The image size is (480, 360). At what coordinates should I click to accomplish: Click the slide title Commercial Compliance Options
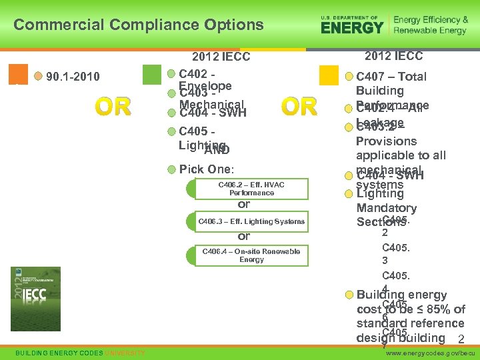click(x=139, y=25)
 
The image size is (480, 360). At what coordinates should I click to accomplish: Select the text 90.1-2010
click(x=73, y=77)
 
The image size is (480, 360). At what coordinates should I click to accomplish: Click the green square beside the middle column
click(x=153, y=74)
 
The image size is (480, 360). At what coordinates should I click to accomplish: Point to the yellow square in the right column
click(x=329, y=75)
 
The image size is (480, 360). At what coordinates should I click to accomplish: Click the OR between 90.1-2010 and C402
click(x=113, y=107)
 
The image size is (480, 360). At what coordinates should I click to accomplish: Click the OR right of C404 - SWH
click(x=299, y=107)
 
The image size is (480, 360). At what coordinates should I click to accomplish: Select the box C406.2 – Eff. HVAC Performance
click(x=251, y=189)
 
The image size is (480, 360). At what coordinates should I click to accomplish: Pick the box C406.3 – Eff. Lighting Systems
click(x=251, y=221)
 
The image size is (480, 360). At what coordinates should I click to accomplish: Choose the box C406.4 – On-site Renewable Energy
click(x=251, y=255)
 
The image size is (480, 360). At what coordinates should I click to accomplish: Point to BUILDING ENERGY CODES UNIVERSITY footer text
click(x=80, y=352)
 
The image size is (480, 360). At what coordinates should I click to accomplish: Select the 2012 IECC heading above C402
click(x=221, y=57)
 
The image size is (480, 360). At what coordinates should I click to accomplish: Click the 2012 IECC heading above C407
click(x=393, y=57)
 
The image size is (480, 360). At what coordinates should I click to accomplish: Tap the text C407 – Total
click(x=391, y=77)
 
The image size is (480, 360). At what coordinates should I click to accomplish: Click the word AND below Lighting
click(x=217, y=150)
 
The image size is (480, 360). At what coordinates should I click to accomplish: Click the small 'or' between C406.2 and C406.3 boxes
click(x=244, y=205)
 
